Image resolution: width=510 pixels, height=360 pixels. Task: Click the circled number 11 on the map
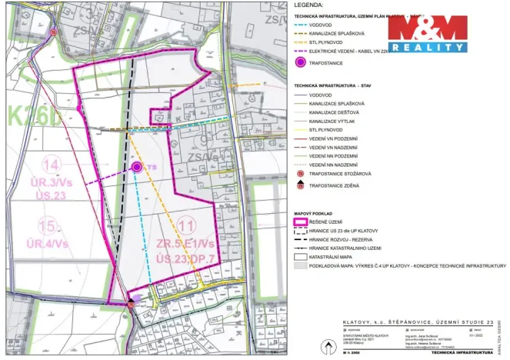pyautogui.click(x=184, y=225)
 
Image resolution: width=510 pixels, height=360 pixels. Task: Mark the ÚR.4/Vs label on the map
pyautogui.click(x=48, y=244)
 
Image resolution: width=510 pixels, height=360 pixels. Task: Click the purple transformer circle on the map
pyautogui.click(x=136, y=166)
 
